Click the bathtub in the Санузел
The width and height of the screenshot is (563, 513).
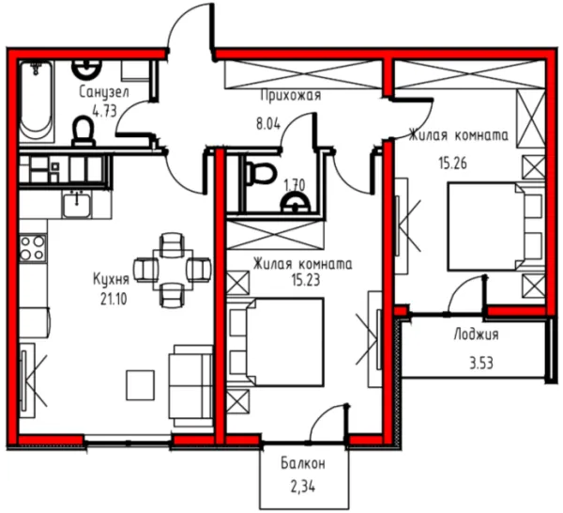pos(37,101)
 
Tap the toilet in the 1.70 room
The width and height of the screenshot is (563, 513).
pos(260,173)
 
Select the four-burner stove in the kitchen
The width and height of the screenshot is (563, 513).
pos(33,248)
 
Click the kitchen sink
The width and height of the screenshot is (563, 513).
pos(77,205)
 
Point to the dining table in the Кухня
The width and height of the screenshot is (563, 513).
pos(173,270)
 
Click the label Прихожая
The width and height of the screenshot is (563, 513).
pos(291,96)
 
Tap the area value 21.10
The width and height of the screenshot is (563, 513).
pos(114,299)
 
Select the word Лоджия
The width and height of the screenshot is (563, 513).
pos(476,334)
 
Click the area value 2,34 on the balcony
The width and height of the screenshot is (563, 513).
pos(303,487)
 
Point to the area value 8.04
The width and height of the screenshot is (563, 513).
pos(267,124)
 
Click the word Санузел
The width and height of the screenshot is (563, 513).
pos(104,93)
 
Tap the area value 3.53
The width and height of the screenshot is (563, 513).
pos(481,363)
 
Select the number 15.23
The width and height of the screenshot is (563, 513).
pos(306,280)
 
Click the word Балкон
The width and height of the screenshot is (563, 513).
pos(303,463)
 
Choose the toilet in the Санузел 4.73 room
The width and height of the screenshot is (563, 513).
pos(84,131)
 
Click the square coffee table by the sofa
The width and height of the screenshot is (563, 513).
pos(140,385)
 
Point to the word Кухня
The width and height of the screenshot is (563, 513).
pos(111,280)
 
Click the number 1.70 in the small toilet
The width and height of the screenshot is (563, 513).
pos(295,185)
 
